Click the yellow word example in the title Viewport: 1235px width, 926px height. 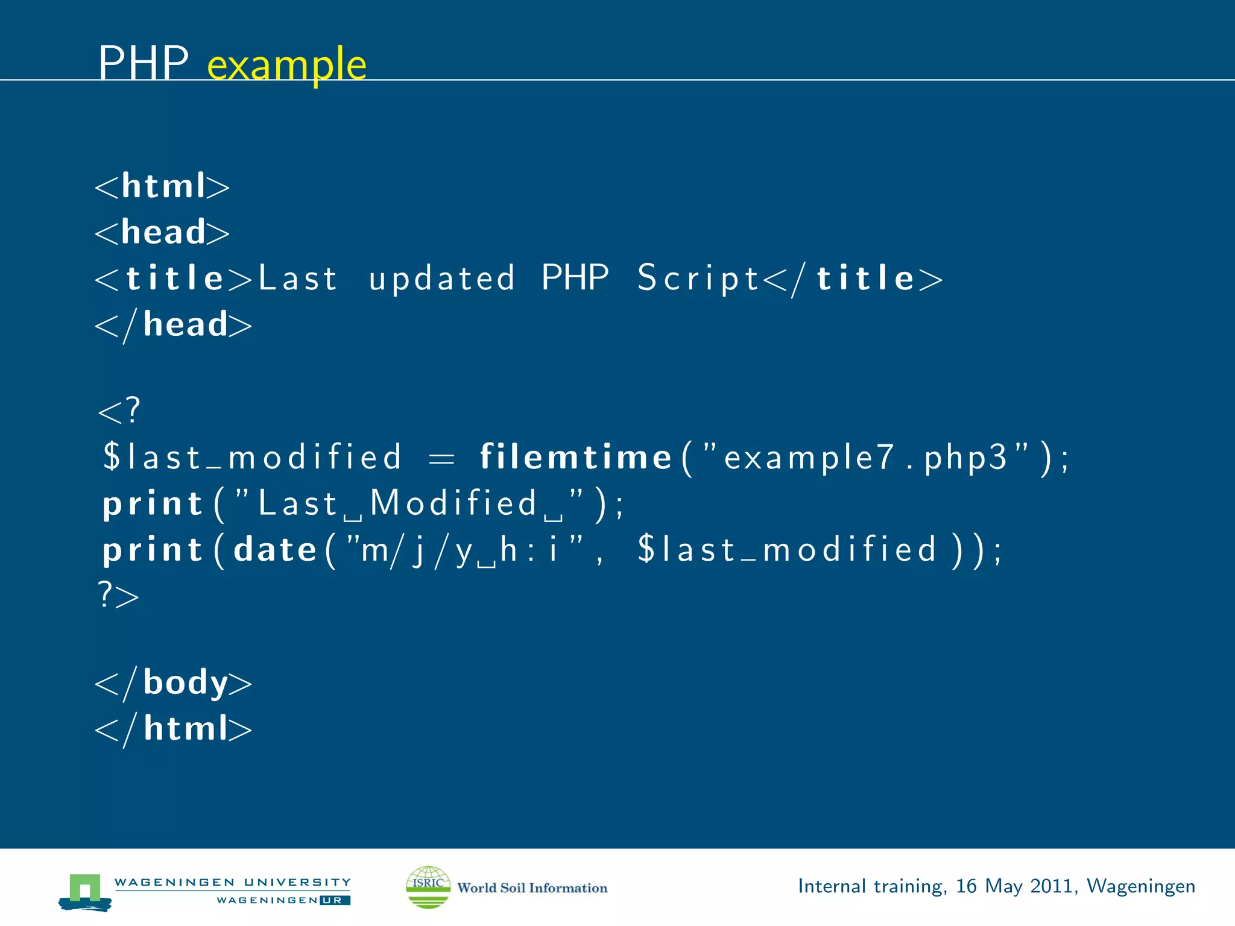[286, 65]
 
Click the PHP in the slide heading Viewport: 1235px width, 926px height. [144, 63]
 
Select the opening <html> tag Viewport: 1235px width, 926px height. [162, 186]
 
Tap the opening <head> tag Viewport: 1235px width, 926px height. [162, 232]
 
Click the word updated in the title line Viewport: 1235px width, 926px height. [441, 279]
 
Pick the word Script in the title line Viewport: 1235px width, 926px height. [698, 279]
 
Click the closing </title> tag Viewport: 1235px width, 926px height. [853, 279]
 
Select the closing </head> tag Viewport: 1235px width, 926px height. [174, 325]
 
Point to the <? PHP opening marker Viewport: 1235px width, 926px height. [119, 411]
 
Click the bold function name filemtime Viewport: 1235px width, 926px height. [575, 457]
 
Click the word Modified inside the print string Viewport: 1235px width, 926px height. [453, 503]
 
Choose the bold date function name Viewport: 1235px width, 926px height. [275, 549]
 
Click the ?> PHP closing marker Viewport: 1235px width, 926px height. [118, 596]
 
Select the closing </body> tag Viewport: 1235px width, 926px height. [174, 683]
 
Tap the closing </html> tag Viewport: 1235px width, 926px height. [174, 729]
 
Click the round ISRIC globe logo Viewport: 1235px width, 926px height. [428, 887]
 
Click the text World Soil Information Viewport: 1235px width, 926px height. [532, 888]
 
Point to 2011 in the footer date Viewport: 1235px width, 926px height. [1052, 886]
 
